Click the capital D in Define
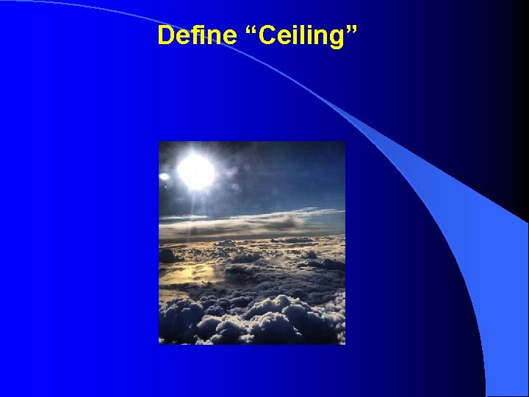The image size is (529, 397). [165, 35]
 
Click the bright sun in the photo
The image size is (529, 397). [195, 172]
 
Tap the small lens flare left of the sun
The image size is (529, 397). [164, 176]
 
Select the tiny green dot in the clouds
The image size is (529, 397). [323, 317]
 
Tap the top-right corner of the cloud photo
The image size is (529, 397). [345, 142]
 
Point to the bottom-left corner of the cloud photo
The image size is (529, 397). [159, 343]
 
